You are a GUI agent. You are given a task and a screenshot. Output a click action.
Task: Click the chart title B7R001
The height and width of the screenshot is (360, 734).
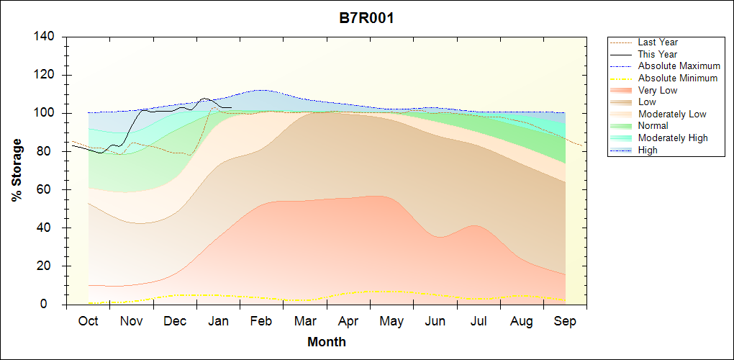366,18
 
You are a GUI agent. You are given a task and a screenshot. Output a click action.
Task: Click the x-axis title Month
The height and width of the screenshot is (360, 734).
326,342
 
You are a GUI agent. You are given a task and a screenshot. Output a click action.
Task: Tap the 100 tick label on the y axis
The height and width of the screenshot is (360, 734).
45,113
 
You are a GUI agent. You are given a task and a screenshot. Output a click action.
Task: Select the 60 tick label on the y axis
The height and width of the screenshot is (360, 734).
48,190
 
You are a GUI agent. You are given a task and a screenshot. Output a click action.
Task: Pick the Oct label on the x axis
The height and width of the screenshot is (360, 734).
88,321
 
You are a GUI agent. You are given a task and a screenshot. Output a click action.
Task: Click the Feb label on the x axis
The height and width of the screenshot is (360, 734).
260,321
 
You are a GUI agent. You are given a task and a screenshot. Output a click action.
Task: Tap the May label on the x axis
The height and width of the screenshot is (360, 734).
391,321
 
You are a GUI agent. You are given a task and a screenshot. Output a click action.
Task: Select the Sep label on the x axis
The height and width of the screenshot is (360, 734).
565,321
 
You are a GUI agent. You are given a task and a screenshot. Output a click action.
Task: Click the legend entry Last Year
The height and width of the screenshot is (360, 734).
657,42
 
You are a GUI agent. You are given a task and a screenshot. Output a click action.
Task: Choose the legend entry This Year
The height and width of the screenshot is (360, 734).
657,54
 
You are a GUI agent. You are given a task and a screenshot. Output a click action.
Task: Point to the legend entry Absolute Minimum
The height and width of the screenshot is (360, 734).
677,78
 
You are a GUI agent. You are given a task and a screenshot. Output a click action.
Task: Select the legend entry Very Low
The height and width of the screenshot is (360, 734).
658,90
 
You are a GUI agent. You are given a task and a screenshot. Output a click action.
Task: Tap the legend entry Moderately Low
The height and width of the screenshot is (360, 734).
672,114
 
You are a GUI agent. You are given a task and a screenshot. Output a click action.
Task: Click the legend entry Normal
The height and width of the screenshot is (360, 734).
653,126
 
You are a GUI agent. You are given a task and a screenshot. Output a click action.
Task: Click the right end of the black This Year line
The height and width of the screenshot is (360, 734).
230,107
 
